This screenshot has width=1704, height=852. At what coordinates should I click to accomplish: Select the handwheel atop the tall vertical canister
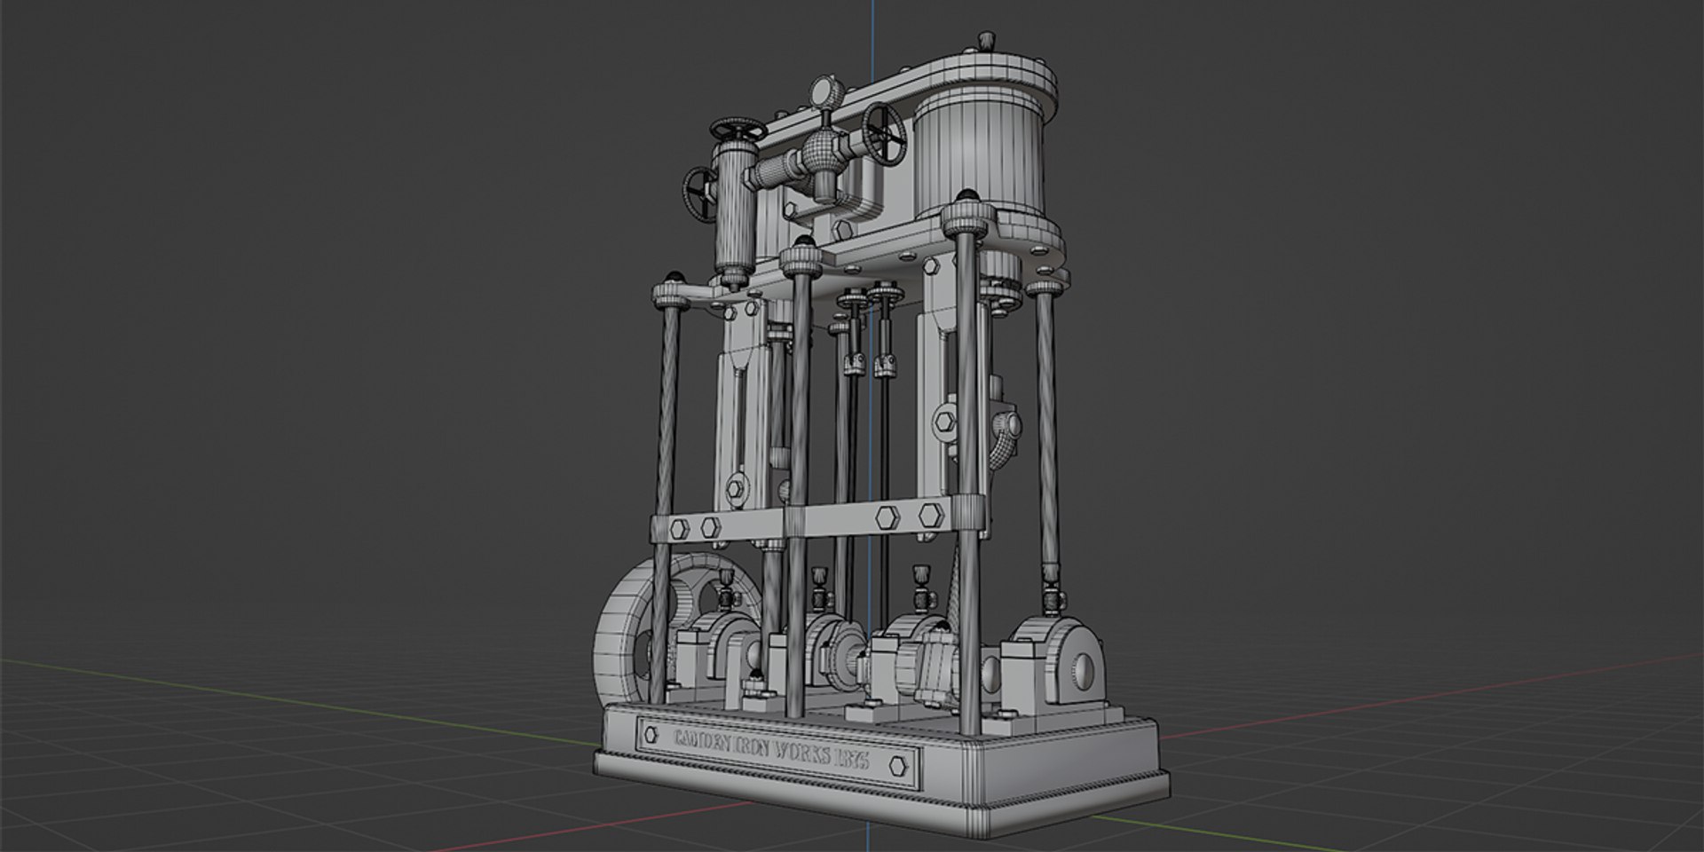coord(738,130)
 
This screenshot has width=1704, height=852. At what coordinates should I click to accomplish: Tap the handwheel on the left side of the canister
coord(700,193)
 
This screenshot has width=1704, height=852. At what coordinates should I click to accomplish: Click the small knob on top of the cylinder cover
coord(984,42)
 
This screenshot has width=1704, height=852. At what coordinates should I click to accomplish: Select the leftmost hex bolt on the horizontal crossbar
coord(679,527)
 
